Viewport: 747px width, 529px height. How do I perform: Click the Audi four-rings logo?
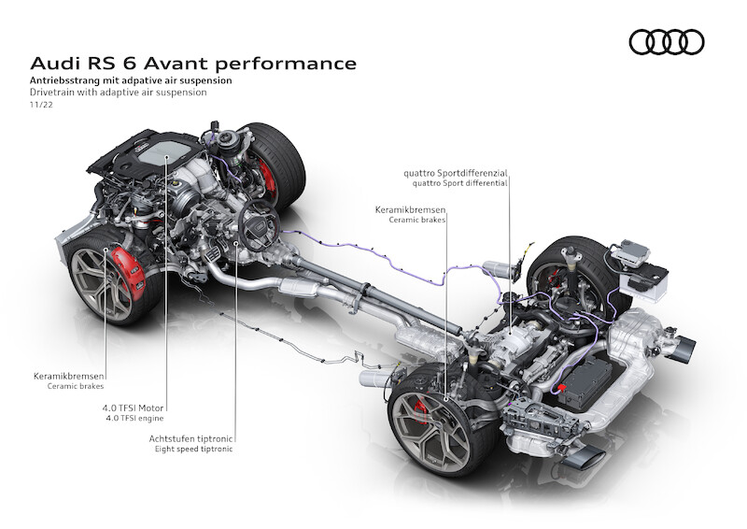click(667, 42)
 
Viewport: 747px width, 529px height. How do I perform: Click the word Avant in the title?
click(178, 64)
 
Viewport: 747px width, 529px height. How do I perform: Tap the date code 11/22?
click(41, 105)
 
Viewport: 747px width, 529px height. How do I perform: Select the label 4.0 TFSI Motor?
click(133, 407)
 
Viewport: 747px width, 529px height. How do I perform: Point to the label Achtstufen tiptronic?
click(190, 438)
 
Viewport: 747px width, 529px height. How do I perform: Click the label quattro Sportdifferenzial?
click(456, 173)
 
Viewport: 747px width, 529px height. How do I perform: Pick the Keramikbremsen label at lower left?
click(68, 376)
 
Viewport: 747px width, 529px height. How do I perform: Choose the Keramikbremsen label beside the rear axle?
click(410, 209)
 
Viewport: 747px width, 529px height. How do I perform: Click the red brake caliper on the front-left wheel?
click(129, 273)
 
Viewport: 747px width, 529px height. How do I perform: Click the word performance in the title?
click(288, 64)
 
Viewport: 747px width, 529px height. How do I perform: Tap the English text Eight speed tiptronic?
click(194, 449)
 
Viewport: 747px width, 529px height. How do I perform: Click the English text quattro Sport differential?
click(459, 182)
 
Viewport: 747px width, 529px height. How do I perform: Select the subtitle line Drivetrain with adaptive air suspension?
click(119, 93)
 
